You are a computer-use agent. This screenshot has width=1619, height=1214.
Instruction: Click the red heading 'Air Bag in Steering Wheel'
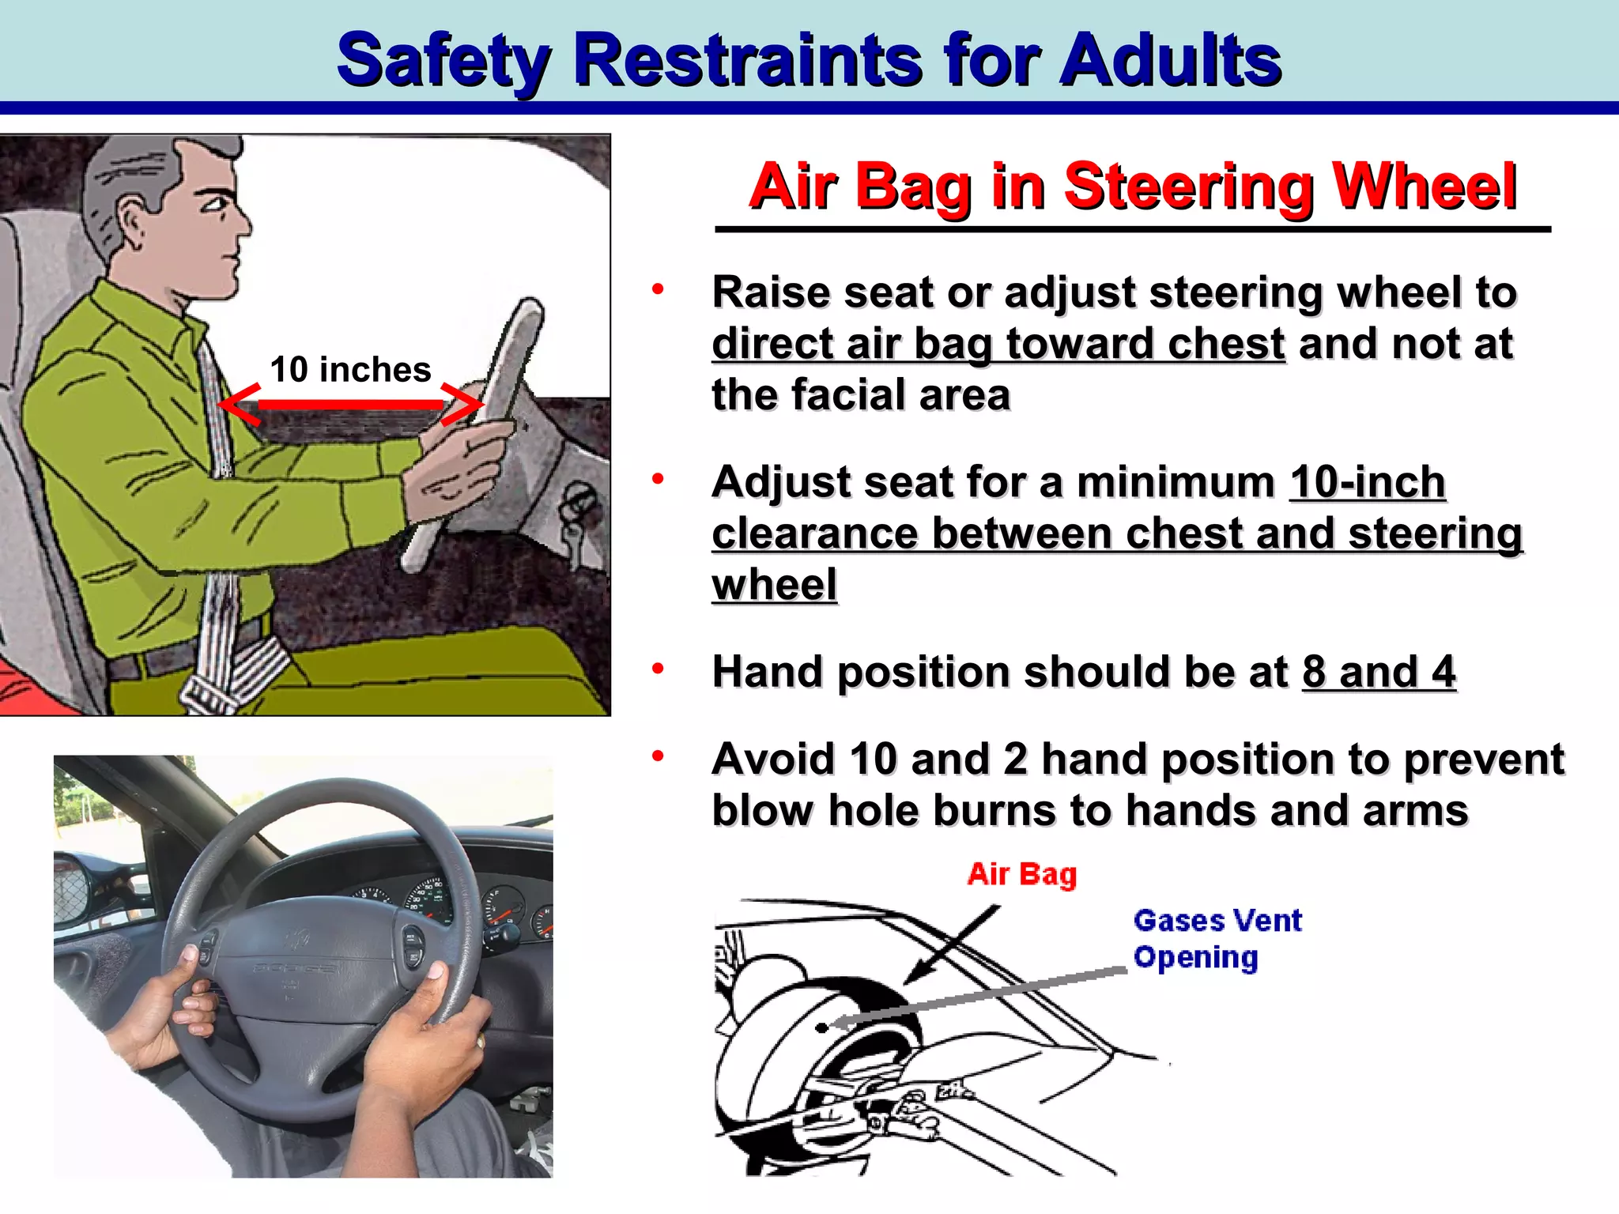pos(1132,187)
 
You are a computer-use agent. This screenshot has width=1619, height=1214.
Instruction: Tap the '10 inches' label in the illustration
pos(350,370)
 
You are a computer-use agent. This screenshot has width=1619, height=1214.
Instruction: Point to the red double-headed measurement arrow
pos(350,404)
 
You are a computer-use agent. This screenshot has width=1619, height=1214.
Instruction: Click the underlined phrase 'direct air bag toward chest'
pos(998,345)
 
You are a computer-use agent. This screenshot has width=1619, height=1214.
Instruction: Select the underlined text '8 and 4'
pos(1379,673)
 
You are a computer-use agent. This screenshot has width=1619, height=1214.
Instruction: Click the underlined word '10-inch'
pos(1368,482)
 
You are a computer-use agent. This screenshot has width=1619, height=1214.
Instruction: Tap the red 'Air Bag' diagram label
pos(1021,874)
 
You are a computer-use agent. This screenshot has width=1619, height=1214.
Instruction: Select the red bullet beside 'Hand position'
pos(658,669)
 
